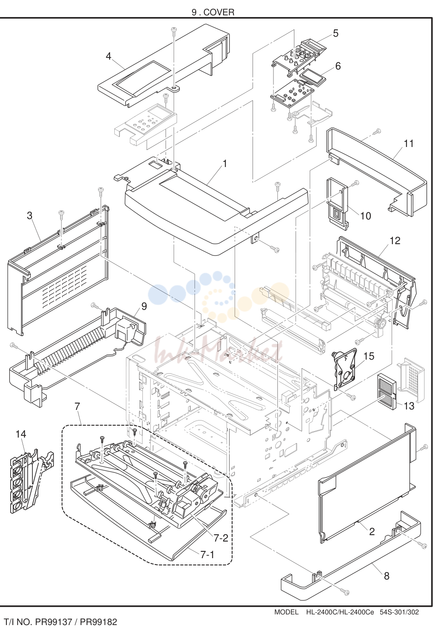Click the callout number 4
(108, 56)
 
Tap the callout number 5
(336, 33)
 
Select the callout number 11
(409, 144)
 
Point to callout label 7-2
(221, 538)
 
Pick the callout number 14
(20, 434)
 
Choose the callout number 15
(369, 356)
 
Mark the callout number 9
(144, 306)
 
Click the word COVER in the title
(219, 12)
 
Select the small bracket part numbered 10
(337, 203)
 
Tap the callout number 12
(395, 241)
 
